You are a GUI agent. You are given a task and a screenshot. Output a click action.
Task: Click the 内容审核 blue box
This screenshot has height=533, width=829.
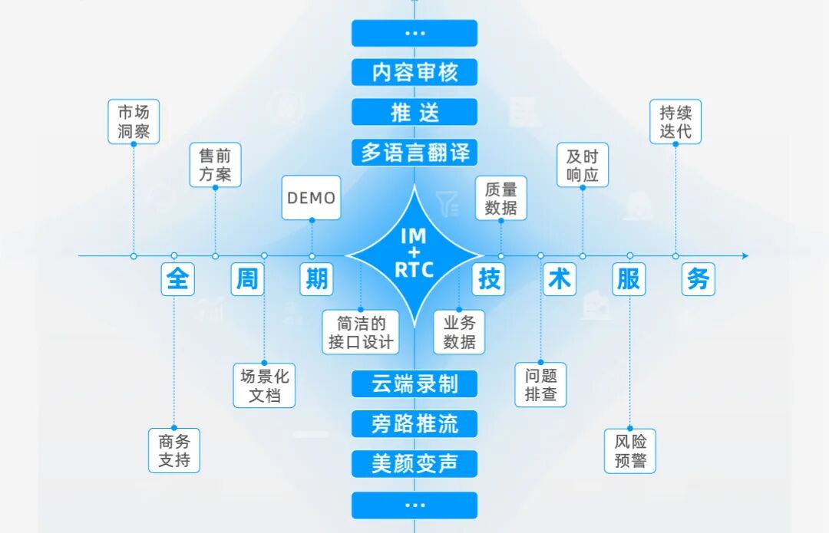tap(414, 73)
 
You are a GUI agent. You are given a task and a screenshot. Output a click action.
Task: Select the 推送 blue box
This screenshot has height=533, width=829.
tap(414, 113)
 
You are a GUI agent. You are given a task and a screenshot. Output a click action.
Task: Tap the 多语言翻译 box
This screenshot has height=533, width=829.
tap(414, 153)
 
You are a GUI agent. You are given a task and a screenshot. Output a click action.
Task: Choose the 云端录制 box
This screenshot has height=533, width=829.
tap(414, 383)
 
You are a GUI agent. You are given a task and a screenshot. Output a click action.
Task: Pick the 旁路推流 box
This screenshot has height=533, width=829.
tap(414, 423)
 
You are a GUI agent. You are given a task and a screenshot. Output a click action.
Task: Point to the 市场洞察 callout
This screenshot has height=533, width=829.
tap(134, 121)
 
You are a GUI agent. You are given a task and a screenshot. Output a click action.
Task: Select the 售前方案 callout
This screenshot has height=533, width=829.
tap(215, 165)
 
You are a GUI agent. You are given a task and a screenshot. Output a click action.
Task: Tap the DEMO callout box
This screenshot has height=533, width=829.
tap(312, 198)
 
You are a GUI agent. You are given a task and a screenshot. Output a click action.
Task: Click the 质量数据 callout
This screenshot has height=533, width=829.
tap(500, 198)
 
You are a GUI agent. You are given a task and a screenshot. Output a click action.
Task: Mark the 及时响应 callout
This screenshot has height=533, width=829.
tap(582, 165)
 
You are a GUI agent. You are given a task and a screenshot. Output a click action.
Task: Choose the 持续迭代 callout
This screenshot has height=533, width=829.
tap(675, 121)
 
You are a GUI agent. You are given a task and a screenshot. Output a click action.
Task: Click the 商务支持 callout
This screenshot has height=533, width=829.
tap(174, 450)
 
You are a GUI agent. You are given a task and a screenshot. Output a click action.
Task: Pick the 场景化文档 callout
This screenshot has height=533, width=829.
tap(264, 385)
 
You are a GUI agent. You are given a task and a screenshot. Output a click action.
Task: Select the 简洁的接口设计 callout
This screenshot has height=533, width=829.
tap(361, 332)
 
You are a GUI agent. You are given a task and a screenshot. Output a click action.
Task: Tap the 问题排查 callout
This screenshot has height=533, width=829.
tap(540, 385)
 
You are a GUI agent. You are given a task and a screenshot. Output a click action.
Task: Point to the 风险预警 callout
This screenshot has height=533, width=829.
tap(630, 450)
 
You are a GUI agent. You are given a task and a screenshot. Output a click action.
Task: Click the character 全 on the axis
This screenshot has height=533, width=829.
tap(177, 279)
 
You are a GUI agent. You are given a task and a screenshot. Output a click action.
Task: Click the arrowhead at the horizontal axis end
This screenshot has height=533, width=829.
tap(745, 255)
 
